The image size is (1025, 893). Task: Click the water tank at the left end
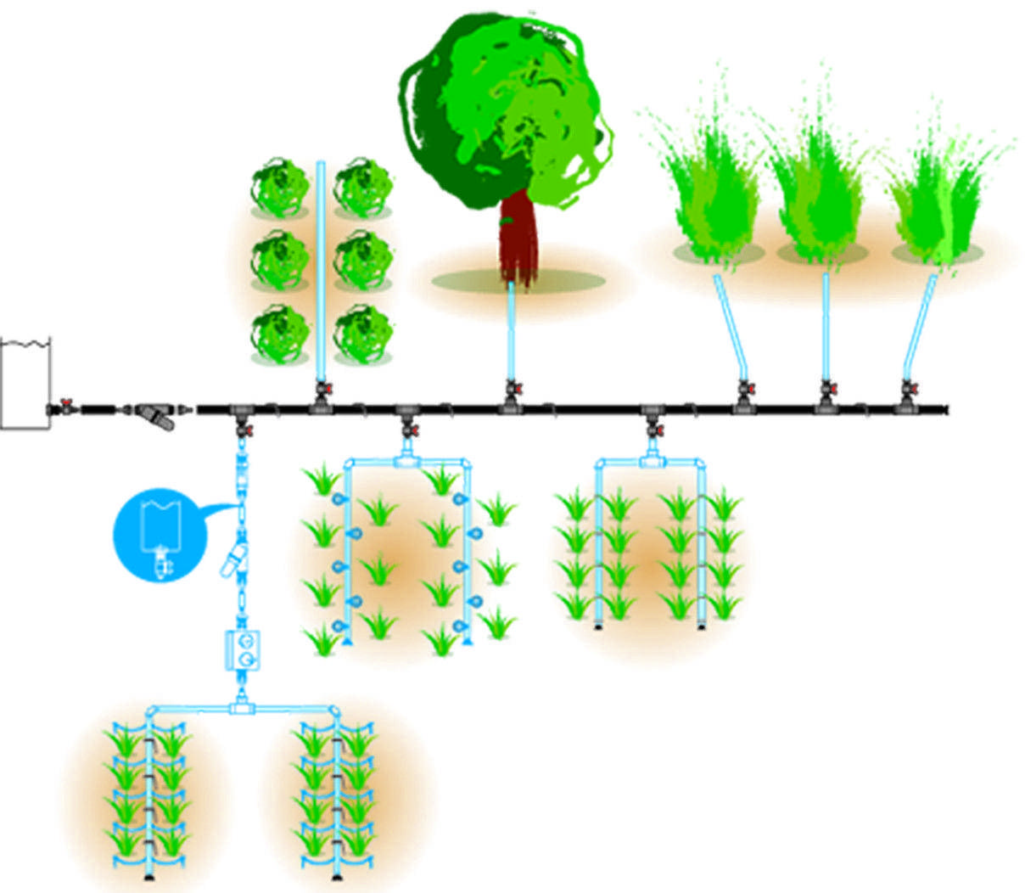point(25,383)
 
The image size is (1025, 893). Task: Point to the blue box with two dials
point(243,650)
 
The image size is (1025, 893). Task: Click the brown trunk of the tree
point(518,238)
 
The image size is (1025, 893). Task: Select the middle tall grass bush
point(820,195)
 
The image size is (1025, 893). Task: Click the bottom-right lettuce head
point(362,334)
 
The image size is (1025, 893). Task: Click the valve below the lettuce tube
point(322,391)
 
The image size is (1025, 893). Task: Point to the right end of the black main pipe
point(944,410)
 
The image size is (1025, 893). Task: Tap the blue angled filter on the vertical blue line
point(233,560)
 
